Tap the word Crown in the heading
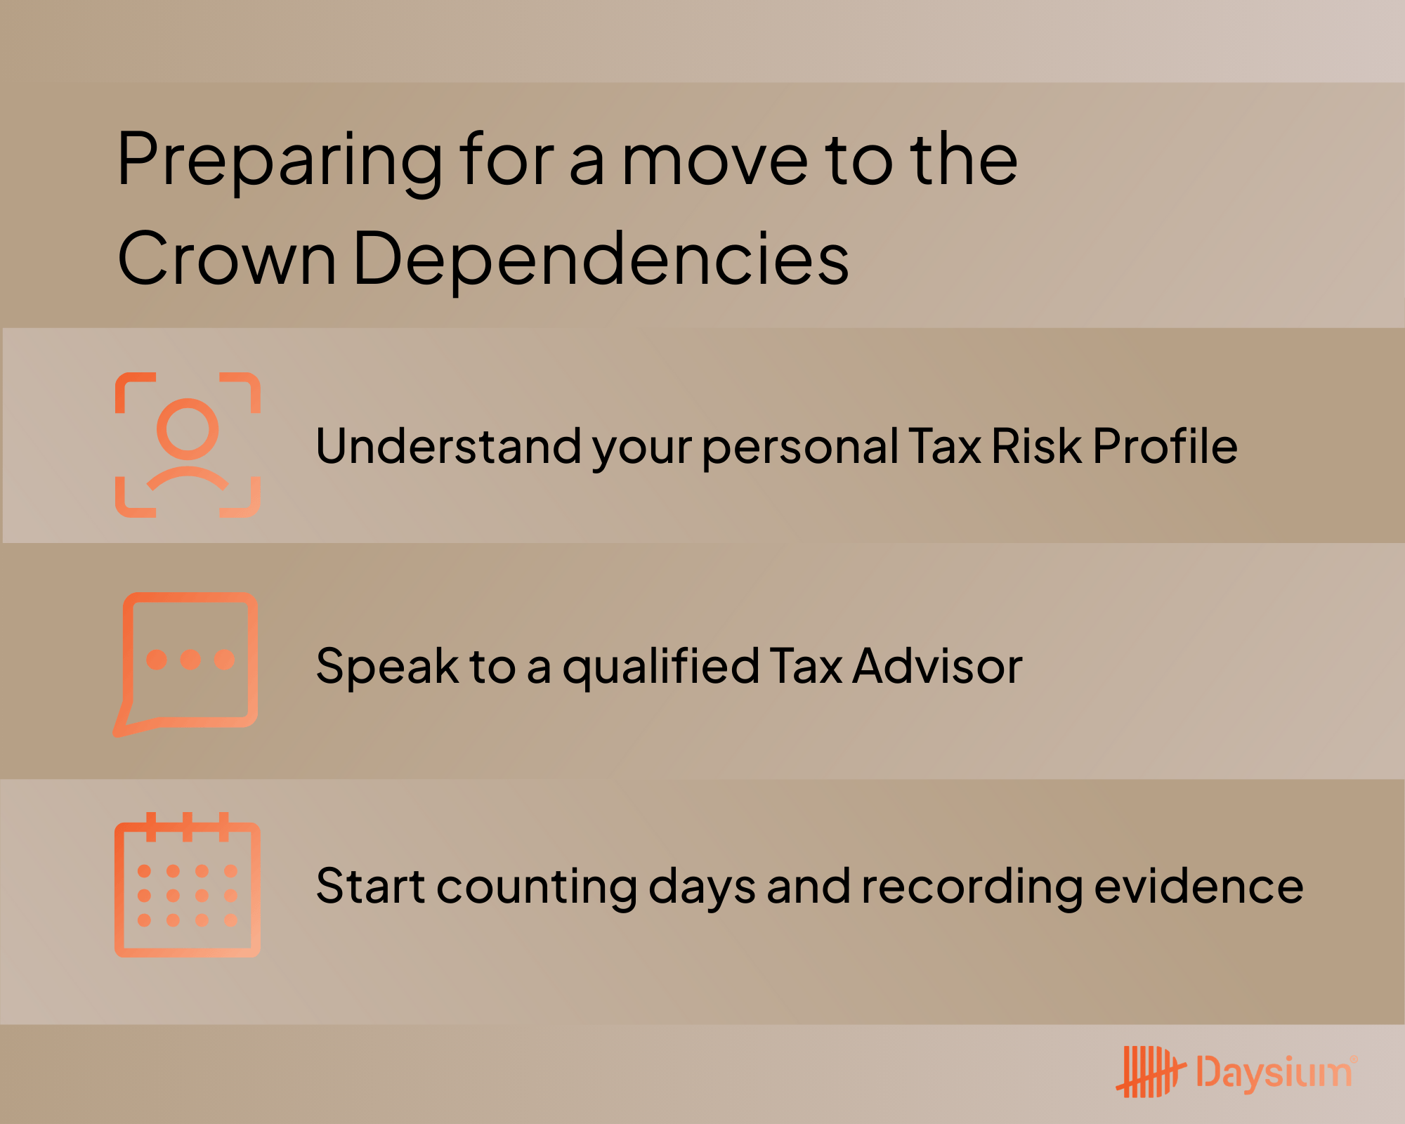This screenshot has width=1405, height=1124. (x=226, y=259)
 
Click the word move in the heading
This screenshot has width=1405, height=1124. (x=715, y=162)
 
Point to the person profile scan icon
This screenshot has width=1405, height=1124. (x=188, y=445)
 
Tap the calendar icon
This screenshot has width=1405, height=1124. (x=188, y=886)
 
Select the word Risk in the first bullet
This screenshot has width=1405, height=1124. (x=1037, y=446)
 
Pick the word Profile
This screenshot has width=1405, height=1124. (x=1165, y=446)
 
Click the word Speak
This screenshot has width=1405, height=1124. (x=387, y=667)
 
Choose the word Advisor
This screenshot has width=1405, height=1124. (x=937, y=666)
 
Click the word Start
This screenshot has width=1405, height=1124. (x=371, y=886)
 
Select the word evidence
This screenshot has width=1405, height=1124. (x=1198, y=886)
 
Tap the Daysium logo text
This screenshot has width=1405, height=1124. (x=1274, y=1073)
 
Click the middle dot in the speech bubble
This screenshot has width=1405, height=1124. (x=190, y=660)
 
